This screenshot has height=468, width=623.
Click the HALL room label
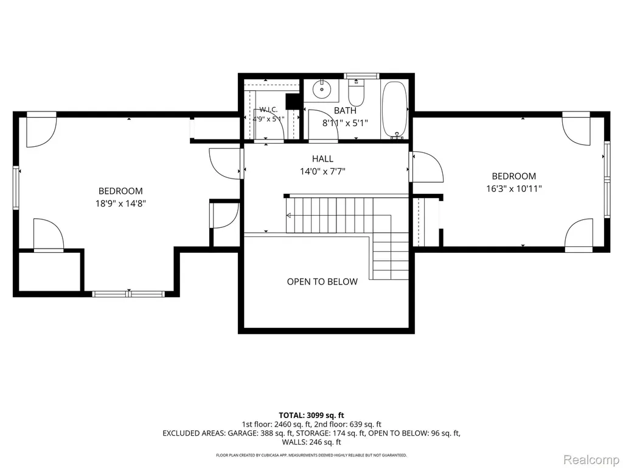[x=322, y=159]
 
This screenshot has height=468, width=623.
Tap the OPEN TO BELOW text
[x=322, y=282]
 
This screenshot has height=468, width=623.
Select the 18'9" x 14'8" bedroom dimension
[x=121, y=204]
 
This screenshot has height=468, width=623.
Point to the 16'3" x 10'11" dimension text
[x=514, y=189]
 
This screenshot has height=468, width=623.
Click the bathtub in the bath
[x=394, y=110]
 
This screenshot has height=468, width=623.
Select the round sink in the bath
[x=321, y=90]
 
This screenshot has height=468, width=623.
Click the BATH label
[x=346, y=111]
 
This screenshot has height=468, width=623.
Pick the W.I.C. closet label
[x=268, y=110]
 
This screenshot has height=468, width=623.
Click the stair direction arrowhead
[x=288, y=216]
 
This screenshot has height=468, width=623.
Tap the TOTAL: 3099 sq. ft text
[x=311, y=416]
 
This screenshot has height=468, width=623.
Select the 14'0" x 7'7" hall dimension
[x=322, y=172]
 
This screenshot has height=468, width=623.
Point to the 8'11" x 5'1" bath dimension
[x=346, y=123]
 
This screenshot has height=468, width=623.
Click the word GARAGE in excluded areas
[x=242, y=433]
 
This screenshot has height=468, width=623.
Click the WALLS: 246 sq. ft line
[x=311, y=442]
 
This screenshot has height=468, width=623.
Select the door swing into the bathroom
[x=323, y=124]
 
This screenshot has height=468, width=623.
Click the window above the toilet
[x=361, y=76]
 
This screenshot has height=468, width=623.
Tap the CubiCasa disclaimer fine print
[x=311, y=455]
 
